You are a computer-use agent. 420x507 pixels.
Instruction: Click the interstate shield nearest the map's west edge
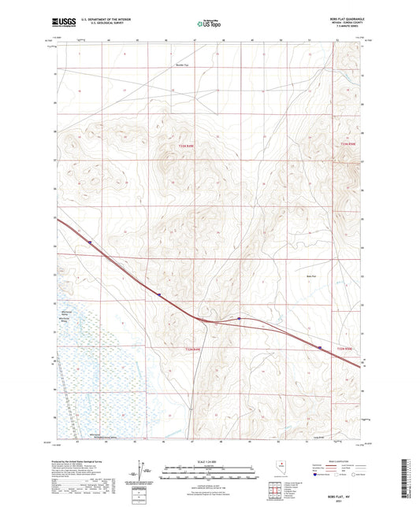point(91,242)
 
